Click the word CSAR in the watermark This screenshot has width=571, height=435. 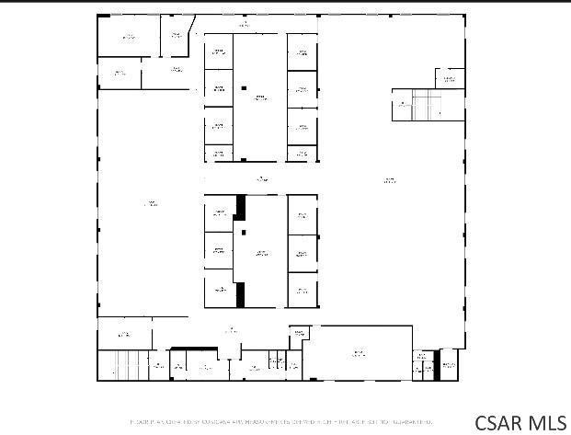coord(501,422)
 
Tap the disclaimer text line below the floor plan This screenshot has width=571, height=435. coord(280,421)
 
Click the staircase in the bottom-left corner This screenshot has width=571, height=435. coord(117,365)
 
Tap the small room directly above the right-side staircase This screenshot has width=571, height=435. coord(450,79)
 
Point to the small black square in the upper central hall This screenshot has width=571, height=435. coord(244,88)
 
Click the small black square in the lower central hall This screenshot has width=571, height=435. coord(244,232)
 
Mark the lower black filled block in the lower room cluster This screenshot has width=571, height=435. coord(241,294)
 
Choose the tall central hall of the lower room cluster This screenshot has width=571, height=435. coord(261,250)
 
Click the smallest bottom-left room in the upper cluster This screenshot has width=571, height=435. coord(218,154)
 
